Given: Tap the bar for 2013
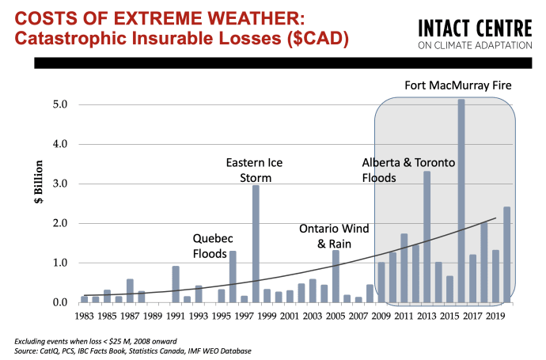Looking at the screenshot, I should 427,237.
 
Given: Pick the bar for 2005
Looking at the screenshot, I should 336,276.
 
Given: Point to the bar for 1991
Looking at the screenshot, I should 176,284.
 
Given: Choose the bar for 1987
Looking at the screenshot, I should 130,290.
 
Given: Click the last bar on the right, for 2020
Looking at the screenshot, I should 506,254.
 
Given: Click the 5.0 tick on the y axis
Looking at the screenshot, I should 61,104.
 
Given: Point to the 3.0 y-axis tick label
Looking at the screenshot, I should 61,184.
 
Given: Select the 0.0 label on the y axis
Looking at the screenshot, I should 61,302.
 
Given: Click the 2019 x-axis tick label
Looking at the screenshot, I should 495,316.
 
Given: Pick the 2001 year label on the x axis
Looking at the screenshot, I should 290,316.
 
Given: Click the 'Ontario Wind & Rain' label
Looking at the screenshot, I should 333,236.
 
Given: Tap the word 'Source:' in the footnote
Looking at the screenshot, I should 29,350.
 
